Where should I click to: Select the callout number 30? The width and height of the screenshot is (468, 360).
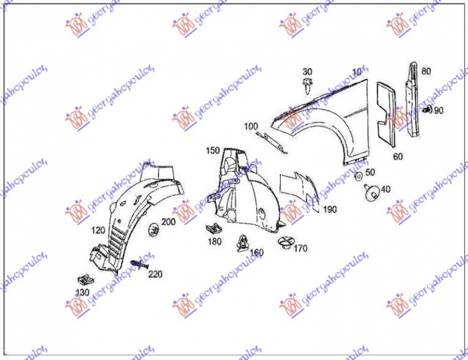coord(307,72)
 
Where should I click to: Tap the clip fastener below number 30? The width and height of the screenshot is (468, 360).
coord(308,86)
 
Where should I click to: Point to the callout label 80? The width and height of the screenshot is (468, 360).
coord(426,71)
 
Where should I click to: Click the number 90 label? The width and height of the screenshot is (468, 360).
coord(439,110)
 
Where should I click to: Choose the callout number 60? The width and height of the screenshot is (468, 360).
coord(398,156)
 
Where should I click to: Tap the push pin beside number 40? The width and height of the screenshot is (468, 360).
coord(370,191)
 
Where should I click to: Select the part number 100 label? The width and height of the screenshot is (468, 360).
coord(250,126)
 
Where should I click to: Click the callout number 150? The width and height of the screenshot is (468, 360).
coord(212,151)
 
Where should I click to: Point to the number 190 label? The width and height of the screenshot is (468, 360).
coord(331,209)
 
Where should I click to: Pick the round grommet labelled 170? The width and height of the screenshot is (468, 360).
coord(286,242)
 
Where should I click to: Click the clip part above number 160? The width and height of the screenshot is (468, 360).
coord(242,241)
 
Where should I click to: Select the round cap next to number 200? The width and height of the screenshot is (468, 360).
coord(154,230)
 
